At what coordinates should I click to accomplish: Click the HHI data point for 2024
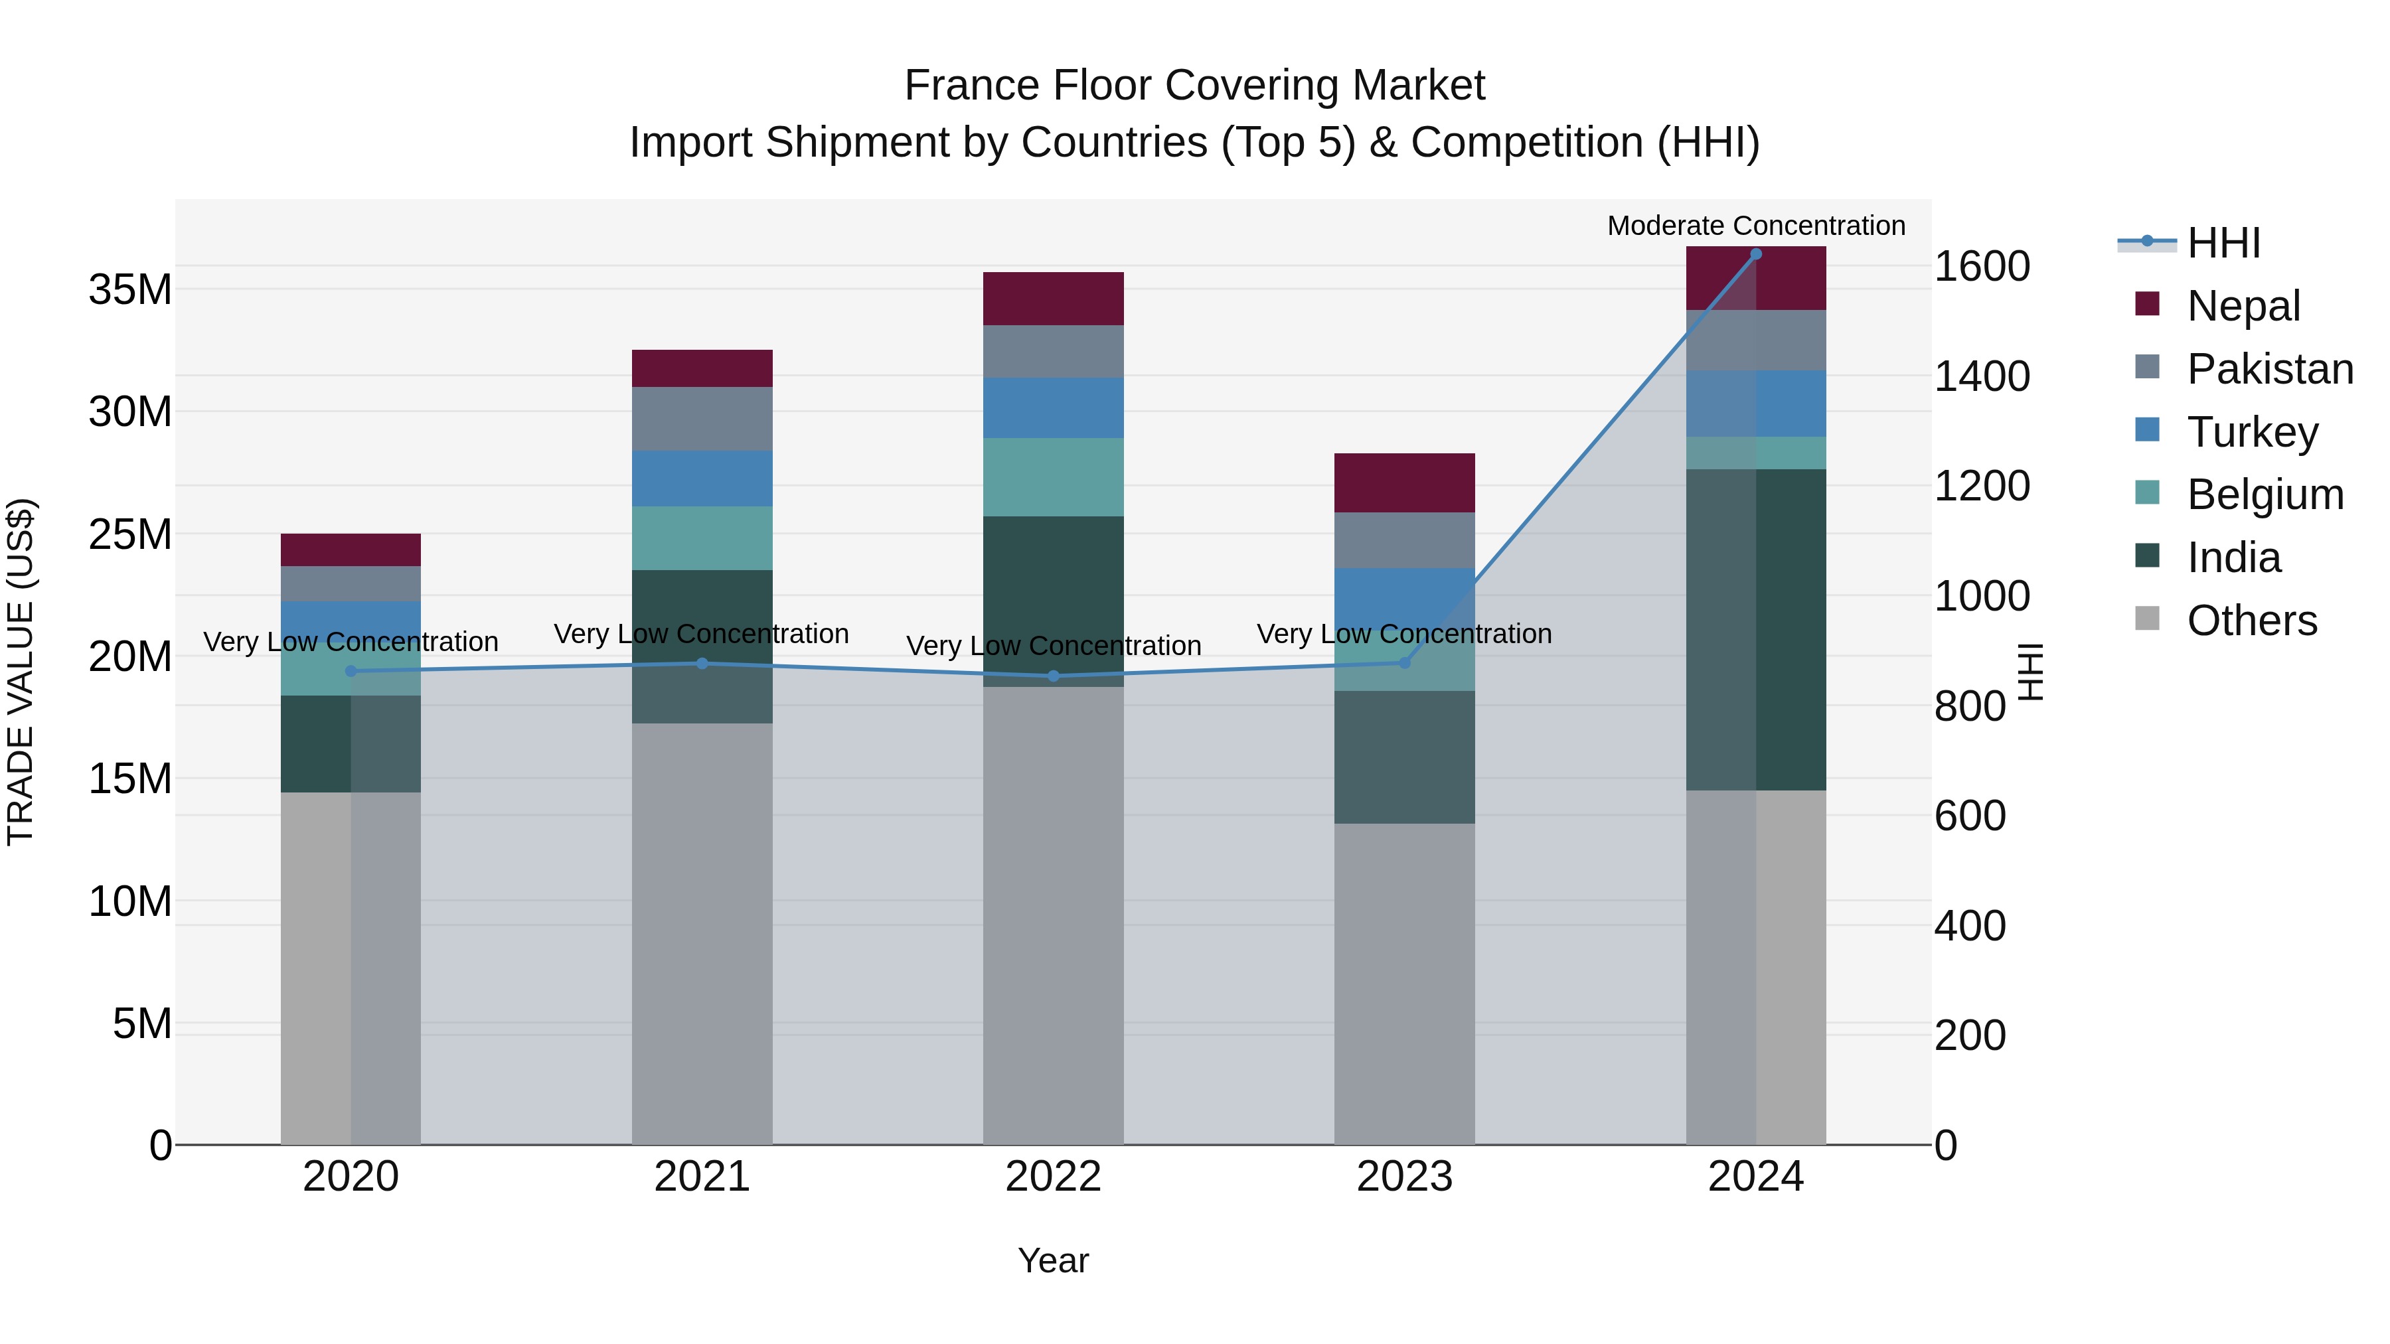click(1755, 254)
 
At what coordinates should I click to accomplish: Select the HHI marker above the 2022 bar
click(1053, 676)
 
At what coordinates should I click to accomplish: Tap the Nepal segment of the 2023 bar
click(1403, 483)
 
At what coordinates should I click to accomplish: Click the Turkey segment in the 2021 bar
click(702, 479)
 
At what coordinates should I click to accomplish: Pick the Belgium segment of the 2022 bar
click(1053, 477)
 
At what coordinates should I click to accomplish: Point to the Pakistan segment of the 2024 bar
click(1755, 340)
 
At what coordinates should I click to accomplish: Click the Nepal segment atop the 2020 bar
click(351, 550)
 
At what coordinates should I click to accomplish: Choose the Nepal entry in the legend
click(2243, 305)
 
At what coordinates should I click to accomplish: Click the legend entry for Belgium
click(2264, 494)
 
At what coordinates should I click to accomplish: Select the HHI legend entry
click(2223, 243)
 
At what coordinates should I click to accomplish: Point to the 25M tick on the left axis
click(130, 534)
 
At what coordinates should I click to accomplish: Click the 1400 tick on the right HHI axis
click(1982, 376)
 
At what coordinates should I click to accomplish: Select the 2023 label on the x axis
click(1403, 1177)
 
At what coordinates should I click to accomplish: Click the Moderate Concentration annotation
click(1755, 226)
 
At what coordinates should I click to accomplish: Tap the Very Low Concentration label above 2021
click(702, 634)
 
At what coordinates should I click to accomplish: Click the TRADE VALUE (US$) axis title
click(21, 672)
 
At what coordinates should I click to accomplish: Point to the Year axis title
click(1053, 1260)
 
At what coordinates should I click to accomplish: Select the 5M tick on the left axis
click(142, 1024)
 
